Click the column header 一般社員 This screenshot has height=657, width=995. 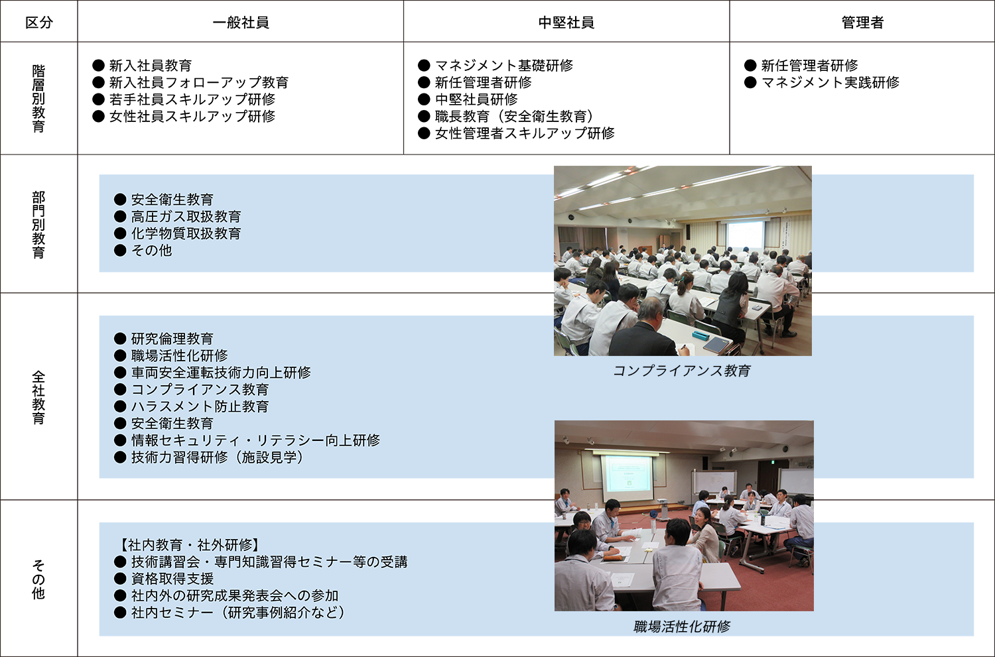tap(241, 22)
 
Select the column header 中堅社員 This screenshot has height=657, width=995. tap(566, 22)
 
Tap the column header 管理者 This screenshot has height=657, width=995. tap(862, 22)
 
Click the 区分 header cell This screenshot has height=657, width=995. tap(39, 22)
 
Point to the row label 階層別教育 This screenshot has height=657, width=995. tap(38, 99)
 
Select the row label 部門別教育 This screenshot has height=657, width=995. tap(38, 225)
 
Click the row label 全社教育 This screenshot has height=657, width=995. tap(38, 397)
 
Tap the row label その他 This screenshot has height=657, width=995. tap(38, 579)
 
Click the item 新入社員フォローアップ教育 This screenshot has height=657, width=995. tap(199, 82)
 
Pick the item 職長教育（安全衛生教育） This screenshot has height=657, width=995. tap(514, 116)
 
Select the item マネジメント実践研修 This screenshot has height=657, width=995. tap(830, 82)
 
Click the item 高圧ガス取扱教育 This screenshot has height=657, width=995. tap(186, 217)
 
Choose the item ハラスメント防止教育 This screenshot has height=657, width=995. tap(200, 406)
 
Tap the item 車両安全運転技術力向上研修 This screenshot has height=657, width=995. tap(221, 373)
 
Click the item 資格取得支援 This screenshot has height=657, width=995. tap(172, 579)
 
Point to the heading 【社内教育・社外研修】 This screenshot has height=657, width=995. tap(190, 545)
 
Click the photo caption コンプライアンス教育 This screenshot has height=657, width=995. tap(682, 371)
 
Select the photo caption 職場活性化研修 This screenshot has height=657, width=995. tap(682, 627)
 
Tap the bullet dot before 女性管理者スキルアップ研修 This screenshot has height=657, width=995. tap(425, 133)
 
